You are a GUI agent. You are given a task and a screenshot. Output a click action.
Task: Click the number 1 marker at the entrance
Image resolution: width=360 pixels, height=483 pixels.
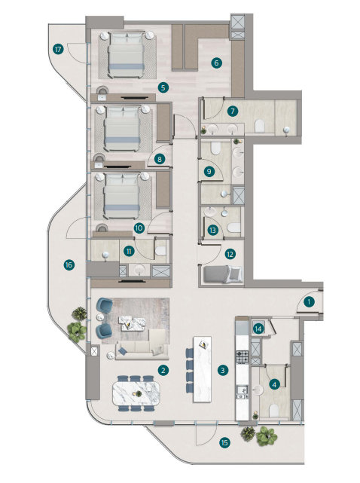(309, 302)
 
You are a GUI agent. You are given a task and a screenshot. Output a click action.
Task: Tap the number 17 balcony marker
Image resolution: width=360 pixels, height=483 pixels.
(58, 49)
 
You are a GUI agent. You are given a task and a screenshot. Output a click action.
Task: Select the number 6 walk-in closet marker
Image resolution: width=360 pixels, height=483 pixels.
(216, 63)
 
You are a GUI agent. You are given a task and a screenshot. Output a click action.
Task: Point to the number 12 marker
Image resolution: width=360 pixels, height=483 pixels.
(230, 254)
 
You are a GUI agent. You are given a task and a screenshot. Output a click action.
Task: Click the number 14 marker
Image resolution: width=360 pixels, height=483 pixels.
(258, 329)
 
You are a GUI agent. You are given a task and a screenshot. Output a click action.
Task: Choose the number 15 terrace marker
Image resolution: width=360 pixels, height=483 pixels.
(224, 442)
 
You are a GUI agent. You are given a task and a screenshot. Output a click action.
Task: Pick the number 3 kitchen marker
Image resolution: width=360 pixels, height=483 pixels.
(223, 370)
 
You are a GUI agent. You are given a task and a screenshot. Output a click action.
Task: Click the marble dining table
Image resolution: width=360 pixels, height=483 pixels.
(136, 393)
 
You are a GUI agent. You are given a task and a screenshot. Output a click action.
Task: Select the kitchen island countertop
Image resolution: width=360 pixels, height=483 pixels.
(202, 369)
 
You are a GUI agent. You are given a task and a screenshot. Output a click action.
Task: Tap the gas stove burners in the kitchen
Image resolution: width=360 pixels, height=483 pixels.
(242, 356)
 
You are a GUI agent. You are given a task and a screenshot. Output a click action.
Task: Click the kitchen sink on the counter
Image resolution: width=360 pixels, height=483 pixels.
(242, 391)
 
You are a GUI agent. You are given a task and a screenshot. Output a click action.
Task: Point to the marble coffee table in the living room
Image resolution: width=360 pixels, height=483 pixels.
(133, 323)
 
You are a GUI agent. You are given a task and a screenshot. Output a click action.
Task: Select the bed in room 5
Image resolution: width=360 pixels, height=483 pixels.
(127, 54)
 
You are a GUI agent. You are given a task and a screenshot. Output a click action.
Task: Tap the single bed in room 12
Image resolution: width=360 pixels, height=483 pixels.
(221, 274)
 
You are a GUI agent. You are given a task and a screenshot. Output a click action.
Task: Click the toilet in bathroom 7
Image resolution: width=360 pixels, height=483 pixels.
(260, 126)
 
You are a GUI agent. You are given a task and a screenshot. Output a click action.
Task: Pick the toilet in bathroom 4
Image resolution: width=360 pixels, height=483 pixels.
(274, 411)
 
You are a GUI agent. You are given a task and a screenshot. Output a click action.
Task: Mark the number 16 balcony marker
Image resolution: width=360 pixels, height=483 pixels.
(69, 265)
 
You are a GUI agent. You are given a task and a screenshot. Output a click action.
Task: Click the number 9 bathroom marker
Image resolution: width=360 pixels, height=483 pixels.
(209, 171)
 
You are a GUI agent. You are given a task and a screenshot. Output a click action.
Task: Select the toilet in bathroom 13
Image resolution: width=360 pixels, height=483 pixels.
(233, 228)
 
